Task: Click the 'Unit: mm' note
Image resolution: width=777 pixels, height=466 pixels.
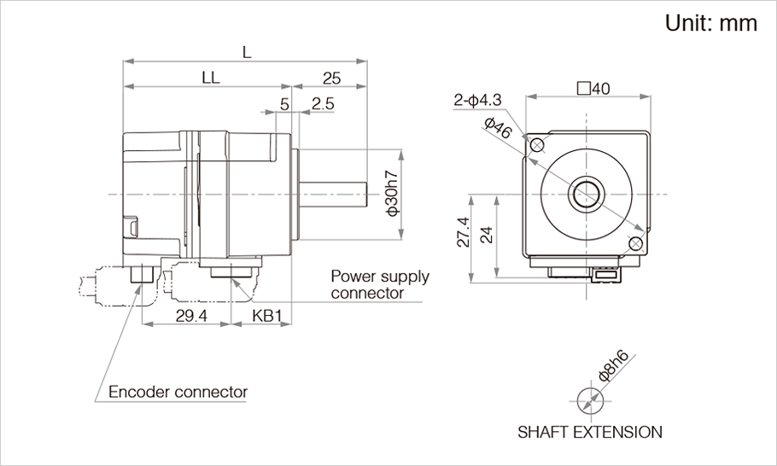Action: pyautogui.click(x=710, y=23)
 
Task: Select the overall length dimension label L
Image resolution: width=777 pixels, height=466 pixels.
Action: pyautogui.click(x=247, y=52)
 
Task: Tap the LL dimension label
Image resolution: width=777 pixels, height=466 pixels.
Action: pyautogui.click(x=211, y=78)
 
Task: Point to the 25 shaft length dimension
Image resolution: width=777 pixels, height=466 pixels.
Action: pyautogui.click(x=331, y=78)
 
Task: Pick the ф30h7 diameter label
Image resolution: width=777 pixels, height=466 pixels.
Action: pyautogui.click(x=392, y=194)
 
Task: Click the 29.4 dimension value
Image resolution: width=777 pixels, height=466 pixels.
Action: pyautogui.click(x=190, y=316)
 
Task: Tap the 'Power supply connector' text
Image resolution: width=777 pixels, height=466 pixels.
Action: pyautogui.click(x=379, y=284)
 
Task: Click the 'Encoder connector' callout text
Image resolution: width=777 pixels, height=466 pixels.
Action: pyautogui.click(x=178, y=393)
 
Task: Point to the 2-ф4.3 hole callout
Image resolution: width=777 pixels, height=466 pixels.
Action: pyautogui.click(x=478, y=101)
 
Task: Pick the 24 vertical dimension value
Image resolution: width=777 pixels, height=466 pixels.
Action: pyautogui.click(x=486, y=234)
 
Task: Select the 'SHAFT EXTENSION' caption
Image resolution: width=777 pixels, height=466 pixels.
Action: pyautogui.click(x=589, y=432)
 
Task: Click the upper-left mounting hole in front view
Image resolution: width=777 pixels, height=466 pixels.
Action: pyautogui.click(x=536, y=146)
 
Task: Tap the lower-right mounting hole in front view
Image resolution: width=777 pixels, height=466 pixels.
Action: pyautogui.click(x=634, y=244)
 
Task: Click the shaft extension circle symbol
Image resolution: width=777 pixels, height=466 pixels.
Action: pyautogui.click(x=589, y=399)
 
